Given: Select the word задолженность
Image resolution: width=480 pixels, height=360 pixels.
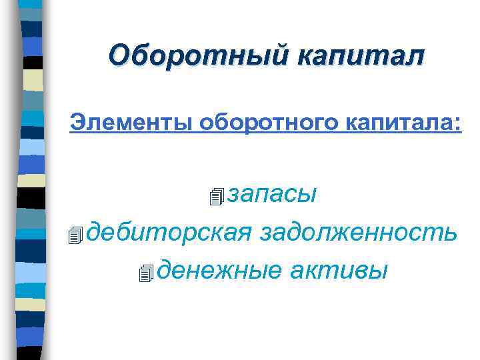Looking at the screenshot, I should pos(359,233).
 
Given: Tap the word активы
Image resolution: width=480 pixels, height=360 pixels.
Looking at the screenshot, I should pos(339,271).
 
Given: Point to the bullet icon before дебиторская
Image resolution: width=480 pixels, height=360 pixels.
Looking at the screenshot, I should pos(75,235).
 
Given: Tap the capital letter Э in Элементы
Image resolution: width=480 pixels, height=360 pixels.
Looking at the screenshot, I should pos(78,123).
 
